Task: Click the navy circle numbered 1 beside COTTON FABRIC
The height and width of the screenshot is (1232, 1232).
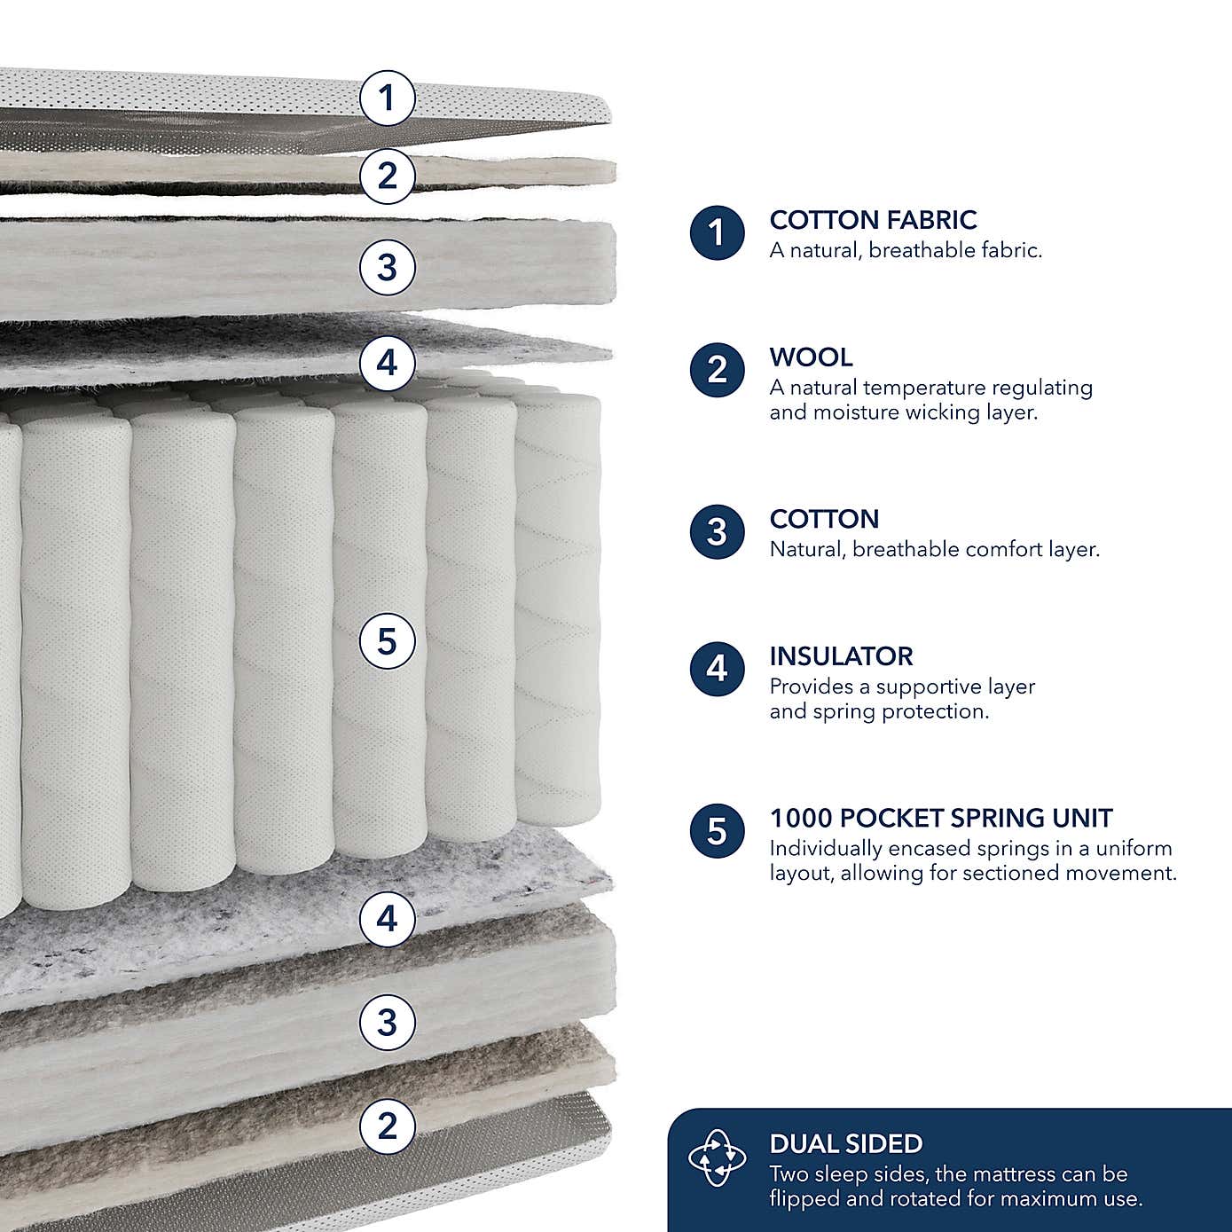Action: [717, 233]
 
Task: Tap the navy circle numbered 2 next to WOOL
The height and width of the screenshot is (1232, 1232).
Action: [717, 370]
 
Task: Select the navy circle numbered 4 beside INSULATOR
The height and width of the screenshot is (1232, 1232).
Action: [717, 669]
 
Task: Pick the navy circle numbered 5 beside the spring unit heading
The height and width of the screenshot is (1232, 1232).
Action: [717, 832]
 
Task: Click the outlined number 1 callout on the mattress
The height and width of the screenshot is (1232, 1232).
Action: [387, 98]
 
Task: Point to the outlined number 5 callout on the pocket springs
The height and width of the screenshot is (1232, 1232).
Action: [387, 640]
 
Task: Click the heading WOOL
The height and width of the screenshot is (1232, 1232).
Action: [811, 357]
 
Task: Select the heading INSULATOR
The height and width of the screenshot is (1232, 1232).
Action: [841, 656]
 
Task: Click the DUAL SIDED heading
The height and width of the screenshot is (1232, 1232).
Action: [845, 1144]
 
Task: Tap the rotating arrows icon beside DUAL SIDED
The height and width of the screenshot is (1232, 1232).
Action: [717, 1158]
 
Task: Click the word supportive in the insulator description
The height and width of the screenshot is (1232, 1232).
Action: [931, 687]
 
